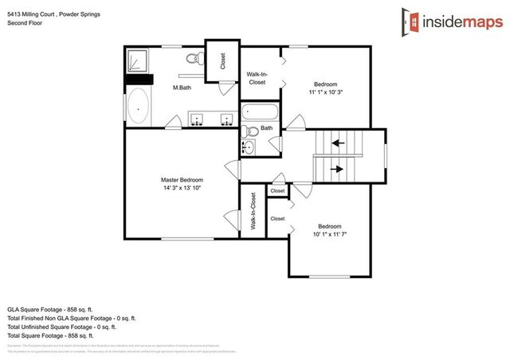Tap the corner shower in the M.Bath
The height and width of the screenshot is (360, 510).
[x=139, y=61]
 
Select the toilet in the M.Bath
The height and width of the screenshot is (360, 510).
[x=194, y=59]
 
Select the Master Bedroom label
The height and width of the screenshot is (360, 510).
[x=182, y=180]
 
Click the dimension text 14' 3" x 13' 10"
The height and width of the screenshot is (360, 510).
[x=182, y=188]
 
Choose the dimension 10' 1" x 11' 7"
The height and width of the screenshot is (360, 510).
[x=330, y=233]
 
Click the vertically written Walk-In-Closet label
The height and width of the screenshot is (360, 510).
[x=253, y=211]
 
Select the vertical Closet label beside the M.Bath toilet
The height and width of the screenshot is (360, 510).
[x=223, y=61]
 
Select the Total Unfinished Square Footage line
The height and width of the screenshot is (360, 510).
[x=62, y=327]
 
